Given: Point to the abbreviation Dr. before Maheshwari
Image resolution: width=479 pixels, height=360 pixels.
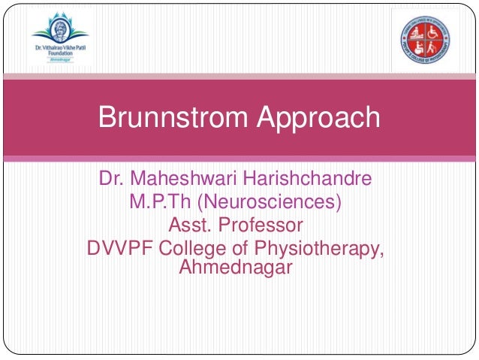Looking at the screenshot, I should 111,180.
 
